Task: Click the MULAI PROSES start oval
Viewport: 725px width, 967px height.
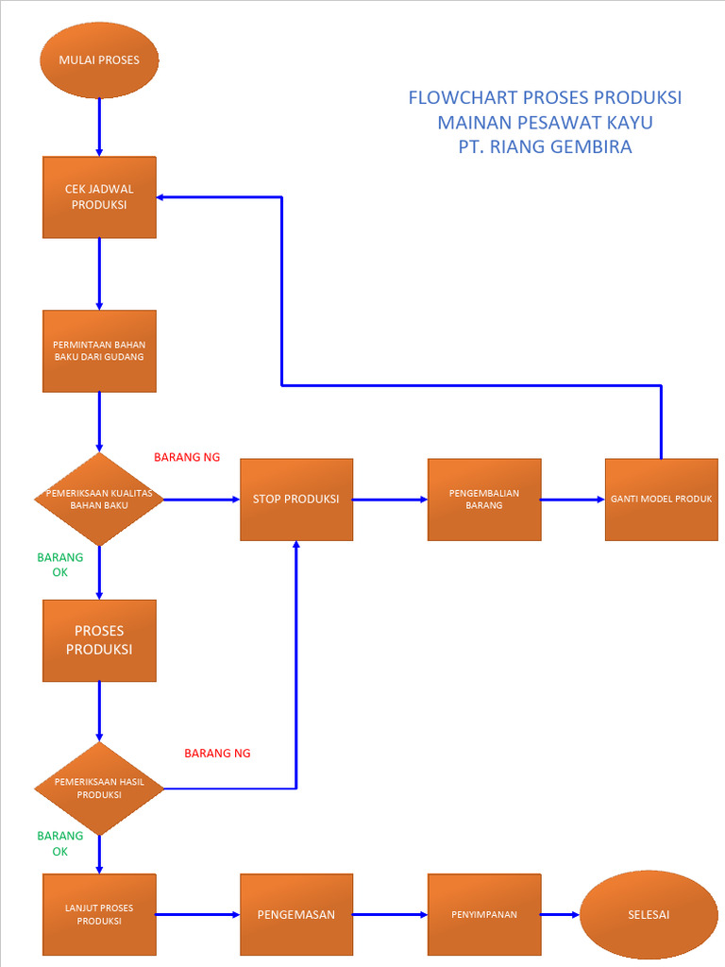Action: (x=99, y=60)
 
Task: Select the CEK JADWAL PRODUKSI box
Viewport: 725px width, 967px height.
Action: (x=99, y=196)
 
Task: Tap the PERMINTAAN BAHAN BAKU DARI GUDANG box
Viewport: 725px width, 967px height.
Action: (x=99, y=350)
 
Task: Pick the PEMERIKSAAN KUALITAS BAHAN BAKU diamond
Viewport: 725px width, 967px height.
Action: (x=99, y=499)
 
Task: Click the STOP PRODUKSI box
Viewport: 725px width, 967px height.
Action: (x=296, y=499)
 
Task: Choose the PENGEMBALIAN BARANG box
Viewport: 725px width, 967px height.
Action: (x=484, y=499)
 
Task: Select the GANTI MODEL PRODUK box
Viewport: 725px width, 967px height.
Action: (x=661, y=499)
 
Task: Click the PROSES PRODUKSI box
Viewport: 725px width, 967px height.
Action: (x=99, y=640)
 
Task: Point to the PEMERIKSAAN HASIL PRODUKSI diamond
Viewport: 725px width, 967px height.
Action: (x=99, y=788)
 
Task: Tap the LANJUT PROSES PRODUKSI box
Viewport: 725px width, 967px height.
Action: (x=99, y=914)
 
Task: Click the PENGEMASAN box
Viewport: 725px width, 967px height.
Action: (x=296, y=914)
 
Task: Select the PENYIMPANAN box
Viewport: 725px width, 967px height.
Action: (x=484, y=914)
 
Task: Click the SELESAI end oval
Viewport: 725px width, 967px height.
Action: (x=649, y=914)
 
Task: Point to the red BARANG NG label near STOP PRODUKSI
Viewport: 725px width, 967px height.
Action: (x=187, y=457)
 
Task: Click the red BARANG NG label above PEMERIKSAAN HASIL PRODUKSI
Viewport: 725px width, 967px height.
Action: (x=217, y=754)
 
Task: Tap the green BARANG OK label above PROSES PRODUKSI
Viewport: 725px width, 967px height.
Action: (x=59, y=565)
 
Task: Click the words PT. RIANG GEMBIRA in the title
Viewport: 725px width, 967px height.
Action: (x=545, y=147)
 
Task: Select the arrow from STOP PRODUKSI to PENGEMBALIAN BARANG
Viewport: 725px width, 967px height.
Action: (x=390, y=499)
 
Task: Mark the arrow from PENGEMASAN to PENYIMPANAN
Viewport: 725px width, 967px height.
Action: (x=390, y=914)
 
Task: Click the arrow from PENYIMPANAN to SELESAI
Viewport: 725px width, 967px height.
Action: (x=560, y=914)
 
